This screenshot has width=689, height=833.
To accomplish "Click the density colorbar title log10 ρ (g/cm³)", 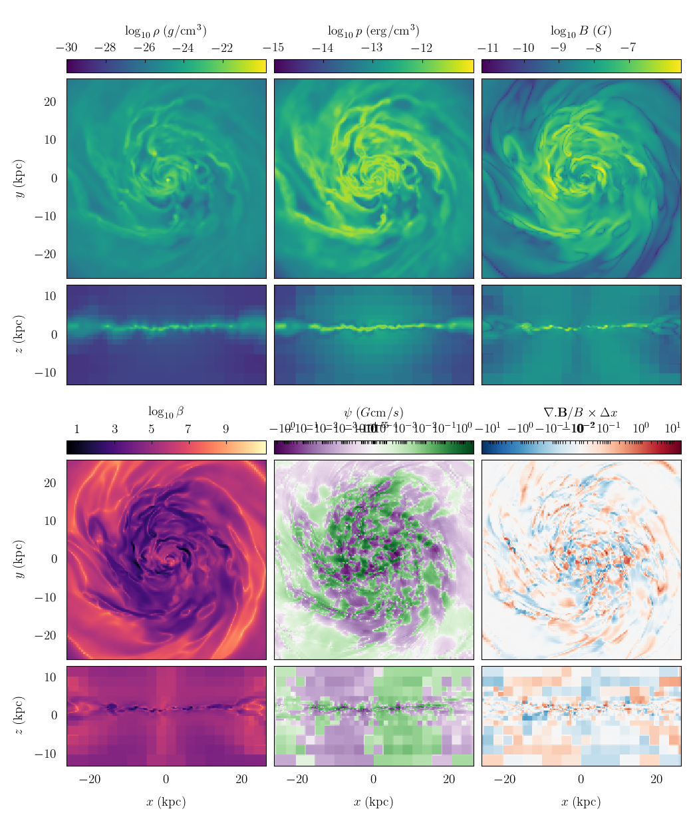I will (x=166, y=31).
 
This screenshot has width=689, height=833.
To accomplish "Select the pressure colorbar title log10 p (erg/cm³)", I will (x=373, y=31).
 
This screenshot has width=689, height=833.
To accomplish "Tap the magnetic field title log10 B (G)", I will (x=581, y=31).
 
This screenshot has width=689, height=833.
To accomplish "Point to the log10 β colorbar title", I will (x=166, y=413).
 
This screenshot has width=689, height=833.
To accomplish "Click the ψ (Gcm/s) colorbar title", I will (x=373, y=413).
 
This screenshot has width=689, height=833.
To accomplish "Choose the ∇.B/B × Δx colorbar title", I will (x=581, y=413).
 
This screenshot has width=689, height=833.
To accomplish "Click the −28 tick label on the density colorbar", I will (x=105, y=48).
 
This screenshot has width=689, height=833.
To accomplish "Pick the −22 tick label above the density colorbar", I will (x=222, y=48).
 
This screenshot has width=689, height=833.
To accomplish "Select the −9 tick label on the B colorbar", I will (x=559, y=48).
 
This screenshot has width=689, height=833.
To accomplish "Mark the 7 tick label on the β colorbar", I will (x=188, y=429).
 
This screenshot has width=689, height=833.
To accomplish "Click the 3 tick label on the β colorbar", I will (x=114, y=429).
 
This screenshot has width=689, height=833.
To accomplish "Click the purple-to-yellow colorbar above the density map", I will (x=166, y=66).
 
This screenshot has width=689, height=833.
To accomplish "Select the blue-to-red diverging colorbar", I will (x=581, y=447).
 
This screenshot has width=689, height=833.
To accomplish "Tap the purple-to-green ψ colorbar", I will (x=373, y=447).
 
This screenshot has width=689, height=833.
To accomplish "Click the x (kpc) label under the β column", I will (x=166, y=802).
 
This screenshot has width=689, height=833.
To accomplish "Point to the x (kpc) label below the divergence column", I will (x=581, y=802).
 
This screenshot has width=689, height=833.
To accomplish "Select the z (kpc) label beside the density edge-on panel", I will (x=20, y=335).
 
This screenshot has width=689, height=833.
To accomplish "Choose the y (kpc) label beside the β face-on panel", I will (x=20, y=560).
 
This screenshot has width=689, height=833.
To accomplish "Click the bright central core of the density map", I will (x=168, y=180).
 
